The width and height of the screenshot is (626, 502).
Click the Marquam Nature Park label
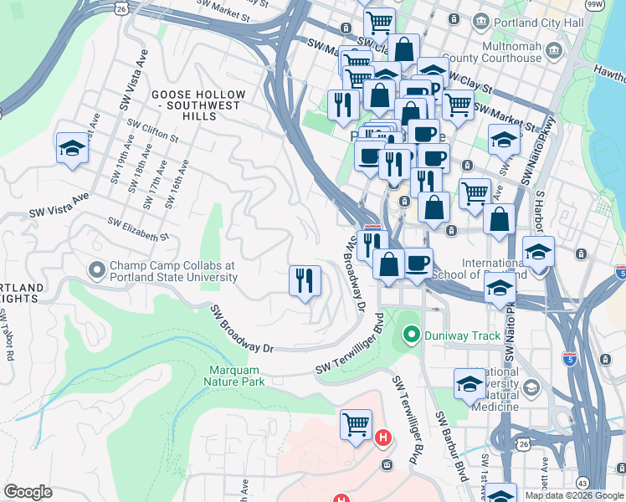[x=233, y=375]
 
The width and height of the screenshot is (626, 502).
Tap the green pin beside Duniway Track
[x=411, y=336]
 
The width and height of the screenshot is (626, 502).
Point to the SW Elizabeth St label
[x=138, y=228]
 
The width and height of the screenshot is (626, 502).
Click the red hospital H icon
[x=383, y=437]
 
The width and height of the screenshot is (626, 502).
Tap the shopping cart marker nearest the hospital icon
[x=356, y=423]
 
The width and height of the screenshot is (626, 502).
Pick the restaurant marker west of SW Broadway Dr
[x=305, y=279]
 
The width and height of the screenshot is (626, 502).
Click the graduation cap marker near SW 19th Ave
[x=72, y=148]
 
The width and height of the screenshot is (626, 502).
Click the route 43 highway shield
[x=581, y=482]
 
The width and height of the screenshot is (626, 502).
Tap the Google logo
[x=28, y=492]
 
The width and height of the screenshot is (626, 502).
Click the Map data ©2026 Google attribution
[x=574, y=495]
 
